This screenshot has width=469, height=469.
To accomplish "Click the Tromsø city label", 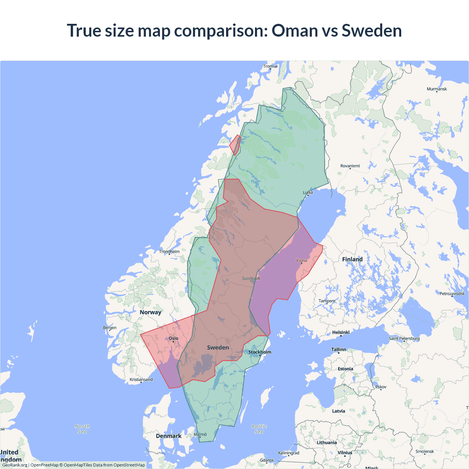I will pyautogui.click(x=270, y=66).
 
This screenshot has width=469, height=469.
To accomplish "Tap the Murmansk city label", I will pyautogui.click(x=437, y=89).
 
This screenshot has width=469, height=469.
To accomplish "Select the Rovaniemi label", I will pyautogui.click(x=350, y=166).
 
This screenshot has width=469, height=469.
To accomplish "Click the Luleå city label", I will pyautogui.click(x=308, y=193).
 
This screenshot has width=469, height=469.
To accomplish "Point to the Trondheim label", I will pyautogui.click(x=169, y=252).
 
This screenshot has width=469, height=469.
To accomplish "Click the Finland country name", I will pyautogui.click(x=352, y=259).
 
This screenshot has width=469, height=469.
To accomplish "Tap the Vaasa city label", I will pyautogui.click(x=302, y=261).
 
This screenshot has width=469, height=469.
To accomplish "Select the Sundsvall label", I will pyautogui.click(x=251, y=278).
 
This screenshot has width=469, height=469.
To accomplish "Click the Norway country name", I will pyautogui.click(x=150, y=312).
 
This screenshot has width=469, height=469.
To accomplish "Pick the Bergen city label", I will pyautogui.click(x=110, y=328).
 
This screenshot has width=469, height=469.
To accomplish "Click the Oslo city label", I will pyautogui.click(x=173, y=339).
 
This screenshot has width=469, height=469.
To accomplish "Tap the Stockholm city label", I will pyautogui.click(x=260, y=352).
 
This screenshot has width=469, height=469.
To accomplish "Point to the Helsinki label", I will pyautogui.click(x=341, y=333).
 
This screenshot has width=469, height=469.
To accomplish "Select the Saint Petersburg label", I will pyautogui.click(x=404, y=339).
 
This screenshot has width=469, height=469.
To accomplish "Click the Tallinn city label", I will pyautogui.click(x=339, y=350).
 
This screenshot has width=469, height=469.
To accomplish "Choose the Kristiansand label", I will pyautogui.click(x=141, y=380).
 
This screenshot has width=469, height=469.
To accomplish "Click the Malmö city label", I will pyautogui.click(x=200, y=435).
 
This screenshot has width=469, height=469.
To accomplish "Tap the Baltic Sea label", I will pyautogui.click(x=259, y=429).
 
